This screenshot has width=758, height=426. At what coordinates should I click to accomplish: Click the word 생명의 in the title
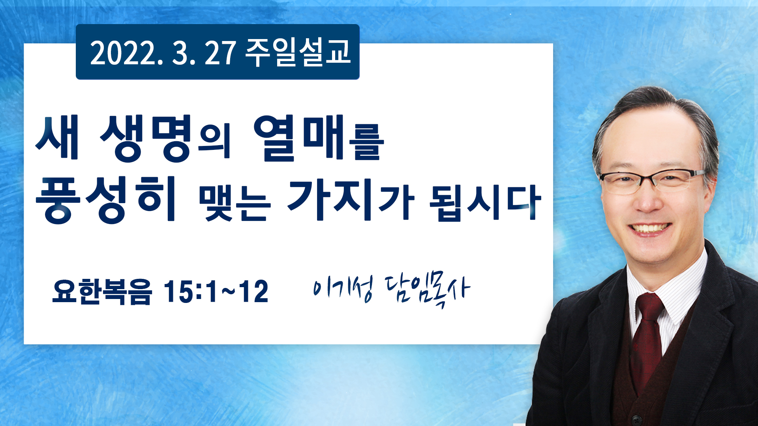tap(165, 138)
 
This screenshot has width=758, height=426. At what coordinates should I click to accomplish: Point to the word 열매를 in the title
tap(319, 138)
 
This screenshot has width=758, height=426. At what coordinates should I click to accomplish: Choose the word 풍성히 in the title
tap(105, 199)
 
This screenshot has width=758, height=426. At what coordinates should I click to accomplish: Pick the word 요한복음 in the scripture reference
tap(102, 292)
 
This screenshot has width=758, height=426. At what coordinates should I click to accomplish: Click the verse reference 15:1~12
tap(216, 292)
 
